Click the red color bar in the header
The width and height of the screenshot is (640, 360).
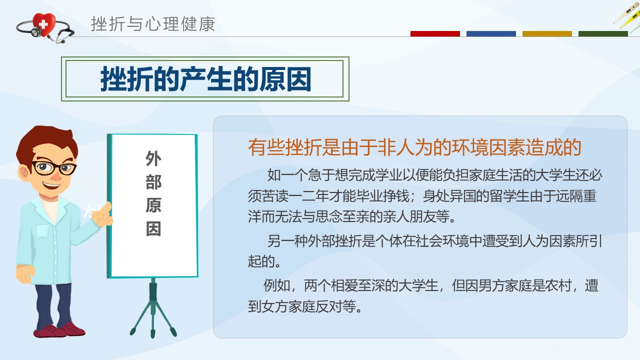tap(435, 33)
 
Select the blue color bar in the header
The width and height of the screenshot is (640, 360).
tap(491, 33)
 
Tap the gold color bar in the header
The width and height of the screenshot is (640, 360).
tap(547, 33)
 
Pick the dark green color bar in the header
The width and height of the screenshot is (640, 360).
tap(603, 33)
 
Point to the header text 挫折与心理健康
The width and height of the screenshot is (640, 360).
tap(153, 24)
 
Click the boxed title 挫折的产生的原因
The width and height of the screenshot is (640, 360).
tap(205, 79)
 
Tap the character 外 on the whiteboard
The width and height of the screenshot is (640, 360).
tap(153, 158)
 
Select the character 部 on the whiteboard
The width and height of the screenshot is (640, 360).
tap(153, 182)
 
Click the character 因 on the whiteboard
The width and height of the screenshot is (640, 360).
tap(153, 229)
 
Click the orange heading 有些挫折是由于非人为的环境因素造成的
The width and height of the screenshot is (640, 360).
tap(414, 147)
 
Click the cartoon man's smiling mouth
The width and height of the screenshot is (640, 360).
tap(51, 185)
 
